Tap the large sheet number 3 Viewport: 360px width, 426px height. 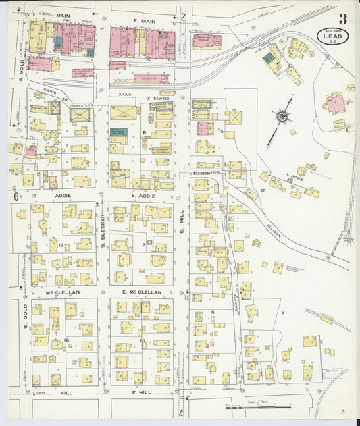coord(343,18)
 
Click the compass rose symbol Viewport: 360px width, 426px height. coord(282,116)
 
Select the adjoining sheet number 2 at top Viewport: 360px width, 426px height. coord(182,17)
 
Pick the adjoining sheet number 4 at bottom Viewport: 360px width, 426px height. coord(181,412)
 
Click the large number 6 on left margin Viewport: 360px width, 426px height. coord(14,196)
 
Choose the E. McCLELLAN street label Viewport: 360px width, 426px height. coord(142,292)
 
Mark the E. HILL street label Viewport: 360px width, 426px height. coord(144,392)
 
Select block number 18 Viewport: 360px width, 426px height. coord(66,340)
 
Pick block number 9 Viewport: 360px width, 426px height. coord(282,312)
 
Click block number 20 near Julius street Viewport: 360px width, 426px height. coord(65,100)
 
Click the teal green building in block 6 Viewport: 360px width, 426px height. coord(119,132)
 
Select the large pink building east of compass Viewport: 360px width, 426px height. coord(334,103)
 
